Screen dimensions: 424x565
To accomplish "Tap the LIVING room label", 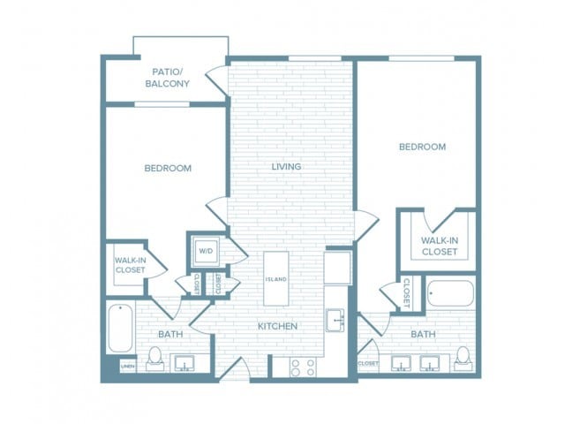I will (x=286, y=166).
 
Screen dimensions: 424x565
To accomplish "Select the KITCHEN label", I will (x=277, y=326).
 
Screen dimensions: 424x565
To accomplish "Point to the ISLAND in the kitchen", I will (x=275, y=279).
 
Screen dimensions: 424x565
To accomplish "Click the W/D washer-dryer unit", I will (x=206, y=251).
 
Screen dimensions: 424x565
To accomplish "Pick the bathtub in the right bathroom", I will (x=450, y=293).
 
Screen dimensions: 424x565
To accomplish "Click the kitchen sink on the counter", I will (x=335, y=320).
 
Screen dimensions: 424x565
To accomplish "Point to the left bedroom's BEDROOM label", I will (x=168, y=168).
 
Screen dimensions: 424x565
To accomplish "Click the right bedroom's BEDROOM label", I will (x=422, y=147).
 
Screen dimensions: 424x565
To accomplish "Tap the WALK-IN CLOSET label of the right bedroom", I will (x=439, y=246).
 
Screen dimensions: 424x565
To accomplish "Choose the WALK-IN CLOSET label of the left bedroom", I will (x=131, y=265).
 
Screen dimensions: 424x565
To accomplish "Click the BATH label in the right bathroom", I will (x=423, y=334).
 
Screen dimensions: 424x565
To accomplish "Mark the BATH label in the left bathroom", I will (x=170, y=334).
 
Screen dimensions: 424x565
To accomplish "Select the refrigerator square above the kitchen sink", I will (x=337, y=267).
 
